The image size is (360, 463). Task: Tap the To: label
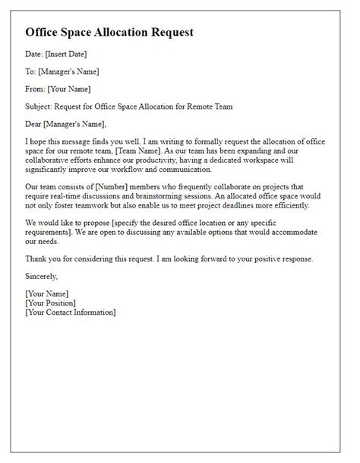click(x=32, y=72)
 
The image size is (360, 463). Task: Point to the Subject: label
click(x=42, y=106)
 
